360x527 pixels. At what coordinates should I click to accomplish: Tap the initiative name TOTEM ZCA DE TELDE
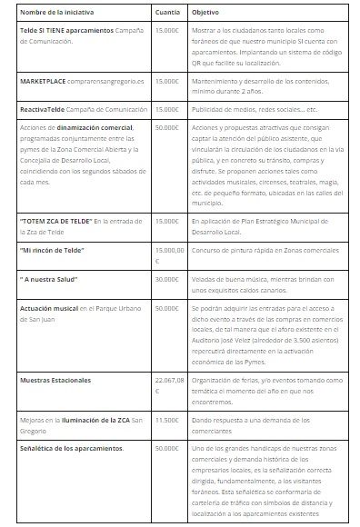(56, 221)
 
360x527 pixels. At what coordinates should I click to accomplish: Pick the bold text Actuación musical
(50, 309)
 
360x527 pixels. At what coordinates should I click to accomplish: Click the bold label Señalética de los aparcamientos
(71, 449)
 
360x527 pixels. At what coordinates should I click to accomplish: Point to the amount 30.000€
(167, 279)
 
